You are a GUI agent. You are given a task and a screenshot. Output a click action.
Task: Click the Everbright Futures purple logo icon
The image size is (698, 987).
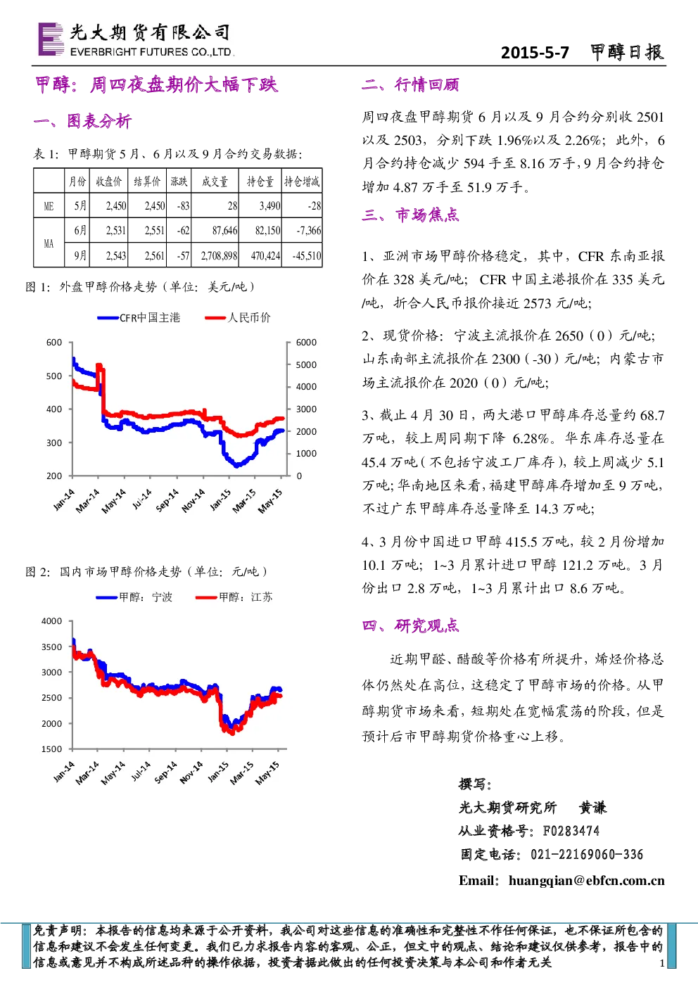[x=51, y=39]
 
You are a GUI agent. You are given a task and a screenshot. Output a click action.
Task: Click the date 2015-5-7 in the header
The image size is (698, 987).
[x=535, y=53]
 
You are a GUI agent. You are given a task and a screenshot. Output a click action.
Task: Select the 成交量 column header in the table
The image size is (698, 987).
[x=215, y=181]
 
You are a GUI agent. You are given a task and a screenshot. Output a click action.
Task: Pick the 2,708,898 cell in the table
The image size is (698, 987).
[x=219, y=255]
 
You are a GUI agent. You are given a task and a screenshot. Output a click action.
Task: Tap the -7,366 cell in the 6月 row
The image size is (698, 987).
[x=308, y=231]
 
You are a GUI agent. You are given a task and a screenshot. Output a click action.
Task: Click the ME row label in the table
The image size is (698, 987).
[x=49, y=206]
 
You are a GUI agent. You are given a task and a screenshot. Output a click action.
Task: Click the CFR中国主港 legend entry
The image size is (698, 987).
[x=139, y=318]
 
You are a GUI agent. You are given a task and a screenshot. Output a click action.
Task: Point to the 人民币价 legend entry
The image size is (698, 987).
[x=238, y=318]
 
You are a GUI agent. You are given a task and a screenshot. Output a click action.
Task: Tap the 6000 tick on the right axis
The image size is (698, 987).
[x=306, y=343]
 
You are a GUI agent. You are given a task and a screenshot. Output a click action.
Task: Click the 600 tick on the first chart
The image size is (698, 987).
[x=53, y=343]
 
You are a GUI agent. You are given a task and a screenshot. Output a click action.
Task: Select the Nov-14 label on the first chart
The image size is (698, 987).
[x=193, y=501]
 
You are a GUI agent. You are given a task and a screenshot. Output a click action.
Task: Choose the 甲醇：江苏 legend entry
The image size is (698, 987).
[x=234, y=597]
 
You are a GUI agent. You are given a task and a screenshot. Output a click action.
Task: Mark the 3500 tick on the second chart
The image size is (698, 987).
[x=51, y=647]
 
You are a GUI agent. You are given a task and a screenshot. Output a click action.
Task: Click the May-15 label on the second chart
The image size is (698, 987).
[x=267, y=773]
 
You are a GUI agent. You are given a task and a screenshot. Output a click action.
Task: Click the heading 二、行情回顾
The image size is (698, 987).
[x=410, y=84]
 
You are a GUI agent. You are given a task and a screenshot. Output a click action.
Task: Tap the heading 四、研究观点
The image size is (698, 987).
[x=410, y=625]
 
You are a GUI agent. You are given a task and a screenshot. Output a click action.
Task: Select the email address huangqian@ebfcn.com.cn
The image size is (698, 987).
[x=587, y=880]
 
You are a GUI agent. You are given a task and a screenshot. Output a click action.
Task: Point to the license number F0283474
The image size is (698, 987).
[x=571, y=831]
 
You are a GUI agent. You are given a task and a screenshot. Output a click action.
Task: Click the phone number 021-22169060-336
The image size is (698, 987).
[x=587, y=854]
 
